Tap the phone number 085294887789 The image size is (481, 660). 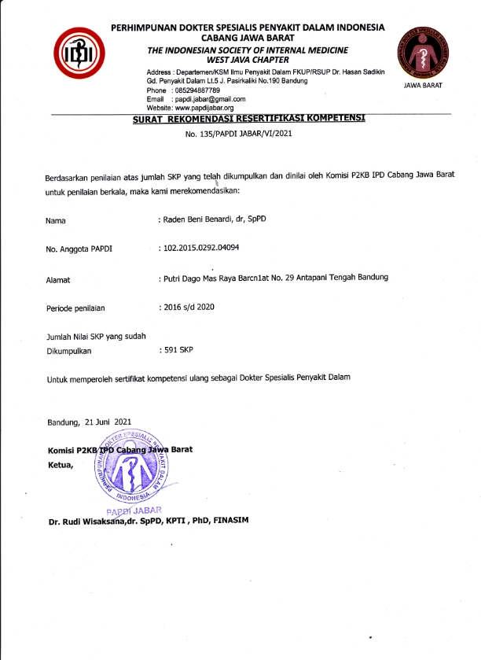pyautogui.click(x=200, y=90)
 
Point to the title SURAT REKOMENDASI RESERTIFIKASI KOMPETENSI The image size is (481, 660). pyautogui.click(x=249, y=120)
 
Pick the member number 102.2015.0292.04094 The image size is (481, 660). pyautogui.click(x=200, y=248)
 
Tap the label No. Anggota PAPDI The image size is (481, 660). pyautogui.click(x=79, y=249)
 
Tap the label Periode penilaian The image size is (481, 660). pyautogui.click(x=75, y=308)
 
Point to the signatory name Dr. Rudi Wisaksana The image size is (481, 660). pyautogui.click(x=91, y=521)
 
